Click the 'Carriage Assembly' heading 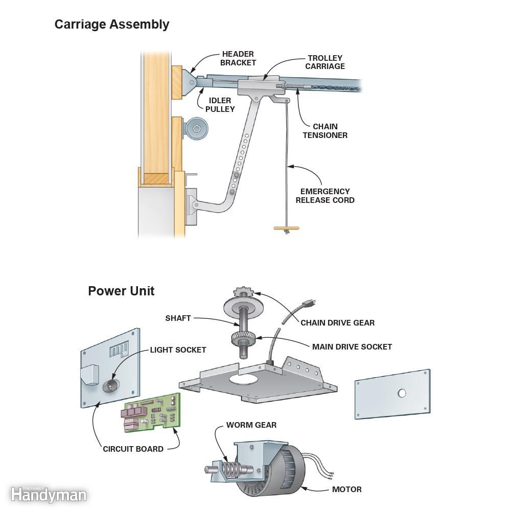111,24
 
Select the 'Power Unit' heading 121,291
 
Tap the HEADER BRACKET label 238,58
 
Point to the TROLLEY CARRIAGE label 325,62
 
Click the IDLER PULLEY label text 220,105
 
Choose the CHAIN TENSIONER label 325,131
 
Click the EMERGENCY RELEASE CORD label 324,196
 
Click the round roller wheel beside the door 196,128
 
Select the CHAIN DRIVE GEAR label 337,323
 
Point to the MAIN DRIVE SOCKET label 352,346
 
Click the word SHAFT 178,318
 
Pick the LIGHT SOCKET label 178,350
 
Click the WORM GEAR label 251,425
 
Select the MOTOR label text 346,490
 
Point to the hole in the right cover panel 402,393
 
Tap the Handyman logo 48,494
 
